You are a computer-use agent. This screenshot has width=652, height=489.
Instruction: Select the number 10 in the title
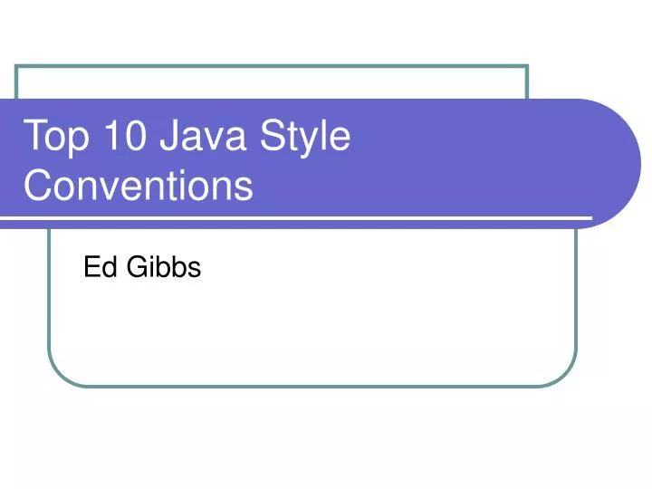pyautogui.click(x=121, y=138)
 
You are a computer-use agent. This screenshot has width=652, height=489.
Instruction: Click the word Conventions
pyautogui.click(x=138, y=186)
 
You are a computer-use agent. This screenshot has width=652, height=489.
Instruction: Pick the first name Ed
pyautogui.click(x=95, y=267)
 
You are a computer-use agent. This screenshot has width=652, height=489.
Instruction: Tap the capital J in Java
pyautogui.click(x=169, y=138)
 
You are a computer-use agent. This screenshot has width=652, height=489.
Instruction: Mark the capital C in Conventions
pyautogui.click(x=38, y=186)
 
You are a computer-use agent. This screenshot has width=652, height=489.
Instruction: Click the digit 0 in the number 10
pyautogui.click(x=132, y=138)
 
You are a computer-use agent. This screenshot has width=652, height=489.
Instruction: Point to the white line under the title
pyautogui.click(x=299, y=218)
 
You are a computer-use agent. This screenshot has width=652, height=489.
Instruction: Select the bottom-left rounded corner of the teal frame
pyautogui.click(x=57, y=377)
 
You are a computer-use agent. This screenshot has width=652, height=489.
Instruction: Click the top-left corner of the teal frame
pyautogui.click(x=17, y=66)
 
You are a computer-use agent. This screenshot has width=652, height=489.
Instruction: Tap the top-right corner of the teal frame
pyautogui.click(x=527, y=66)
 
